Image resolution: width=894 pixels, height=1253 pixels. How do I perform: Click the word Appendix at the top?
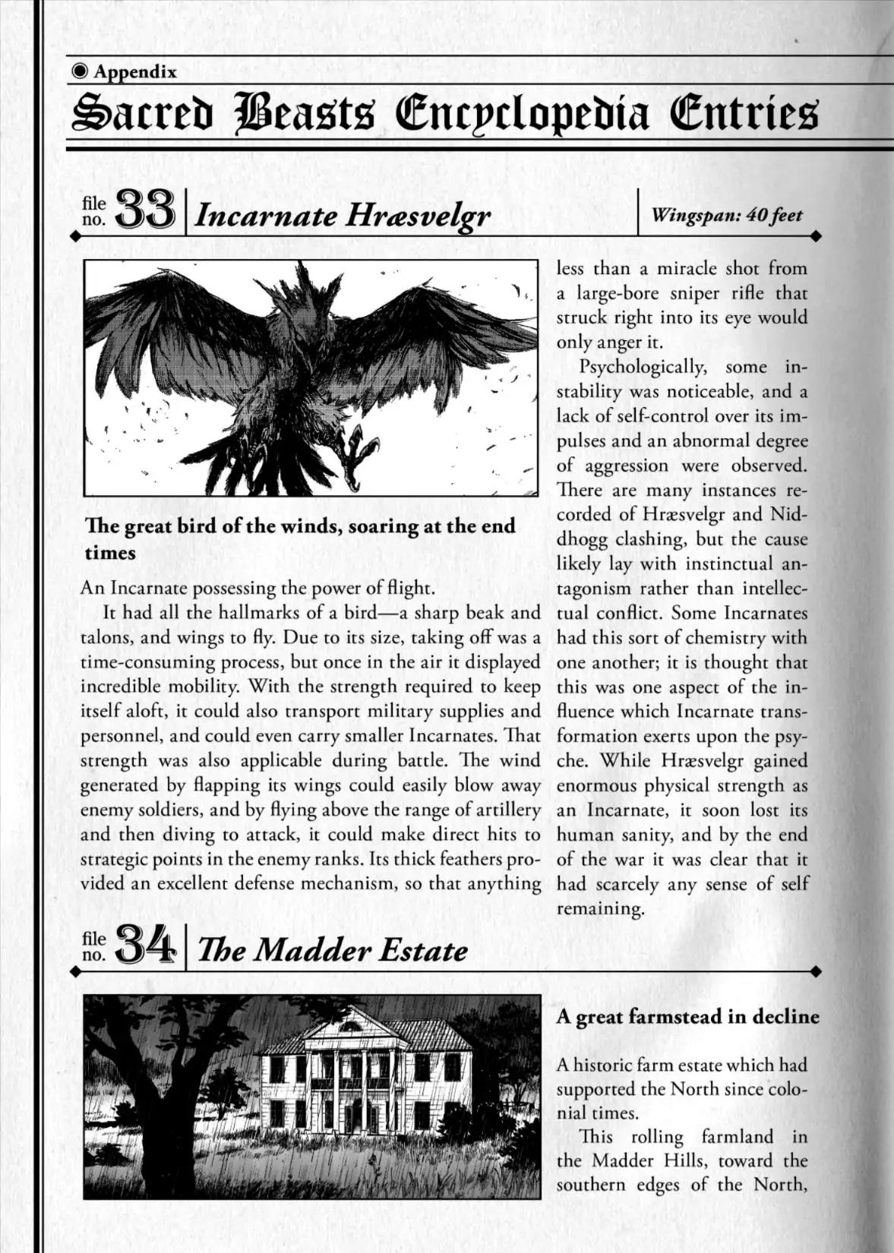[135, 72]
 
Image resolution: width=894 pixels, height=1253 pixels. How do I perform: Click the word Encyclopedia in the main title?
[523, 115]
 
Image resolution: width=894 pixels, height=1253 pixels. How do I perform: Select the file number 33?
[147, 211]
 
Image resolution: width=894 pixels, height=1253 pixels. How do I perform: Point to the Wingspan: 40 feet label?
[727, 215]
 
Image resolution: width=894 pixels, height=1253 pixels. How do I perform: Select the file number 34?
[147, 946]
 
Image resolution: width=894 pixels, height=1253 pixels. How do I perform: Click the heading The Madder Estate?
[332, 951]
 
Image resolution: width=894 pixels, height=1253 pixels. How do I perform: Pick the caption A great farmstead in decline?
[687, 1017]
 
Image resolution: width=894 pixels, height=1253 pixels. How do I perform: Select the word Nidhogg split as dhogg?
[584, 539]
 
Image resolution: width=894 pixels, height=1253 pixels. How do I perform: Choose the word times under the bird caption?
[110, 553]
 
